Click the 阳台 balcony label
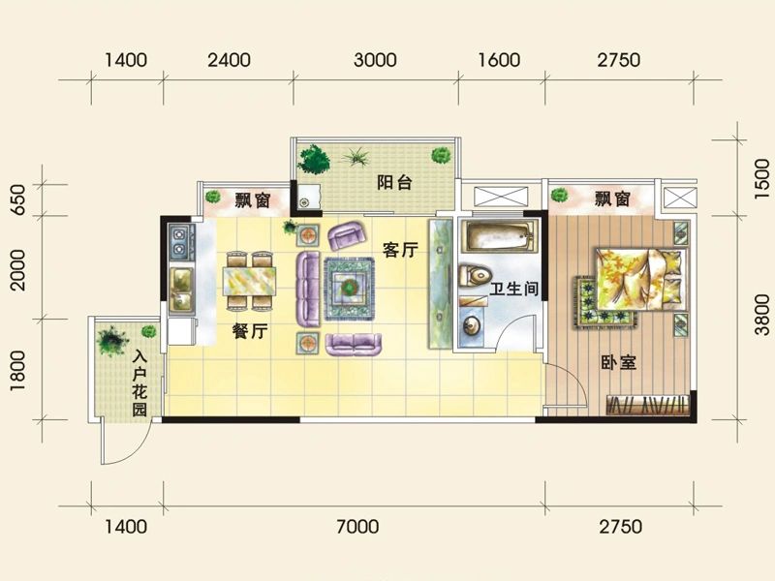tap(390, 181)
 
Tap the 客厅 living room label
tap(400, 251)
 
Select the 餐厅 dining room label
tap(250, 331)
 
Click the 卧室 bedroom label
tap(617, 363)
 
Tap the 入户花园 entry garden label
tap(139, 383)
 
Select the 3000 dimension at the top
tap(375, 60)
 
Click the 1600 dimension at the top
tap(499, 60)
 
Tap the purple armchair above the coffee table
tap(346, 235)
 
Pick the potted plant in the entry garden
tap(108, 339)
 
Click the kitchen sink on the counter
tap(179, 282)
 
